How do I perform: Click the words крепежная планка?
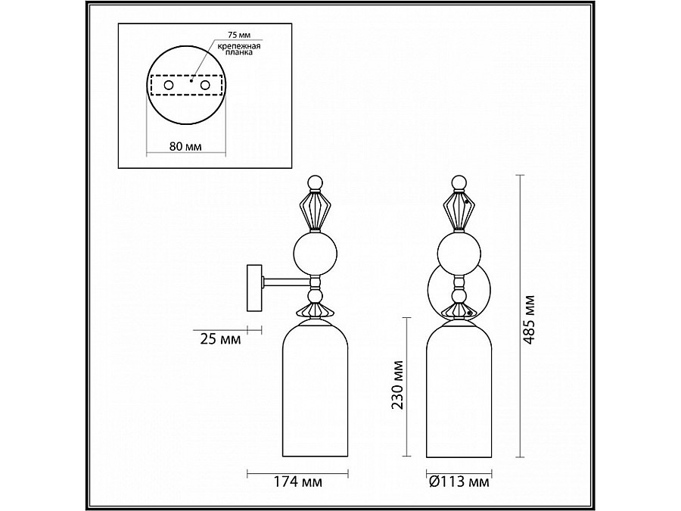238,51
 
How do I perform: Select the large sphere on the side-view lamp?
315,254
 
